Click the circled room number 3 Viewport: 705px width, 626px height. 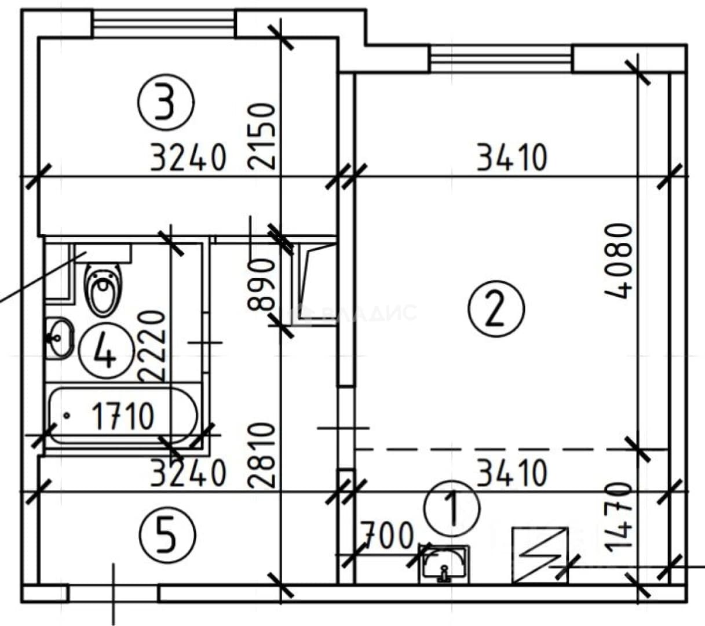pyautogui.click(x=166, y=102)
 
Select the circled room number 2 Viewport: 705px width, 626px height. pyautogui.click(x=496, y=308)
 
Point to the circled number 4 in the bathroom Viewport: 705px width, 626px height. pyautogui.click(x=107, y=352)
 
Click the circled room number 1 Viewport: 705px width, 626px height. pyautogui.click(x=452, y=509)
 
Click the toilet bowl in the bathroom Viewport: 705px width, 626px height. pyautogui.click(x=103, y=289)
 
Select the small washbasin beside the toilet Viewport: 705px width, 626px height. pyautogui.click(x=60, y=338)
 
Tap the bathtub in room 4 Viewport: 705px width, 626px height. pyautogui.click(x=123, y=416)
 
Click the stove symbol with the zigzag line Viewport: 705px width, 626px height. pyautogui.click(x=540, y=556)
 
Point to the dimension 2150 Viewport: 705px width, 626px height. pyautogui.click(x=262, y=136)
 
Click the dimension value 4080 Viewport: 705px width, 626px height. pyautogui.click(x=618, y=261)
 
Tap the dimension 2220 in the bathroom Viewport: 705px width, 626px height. pyautogui.click(x=152, y=345)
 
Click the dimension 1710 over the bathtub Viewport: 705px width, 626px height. pyautogui.click(x=123, y=416)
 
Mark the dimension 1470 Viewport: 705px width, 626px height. pyautogui.click(x=618, y=518)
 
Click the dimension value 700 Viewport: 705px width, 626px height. pyautogui.click(x=386, y=536)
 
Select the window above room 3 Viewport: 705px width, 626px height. pyautogui.click(x=164, y=24)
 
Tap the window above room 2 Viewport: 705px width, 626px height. pyautogui.click(x=501, y=59)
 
